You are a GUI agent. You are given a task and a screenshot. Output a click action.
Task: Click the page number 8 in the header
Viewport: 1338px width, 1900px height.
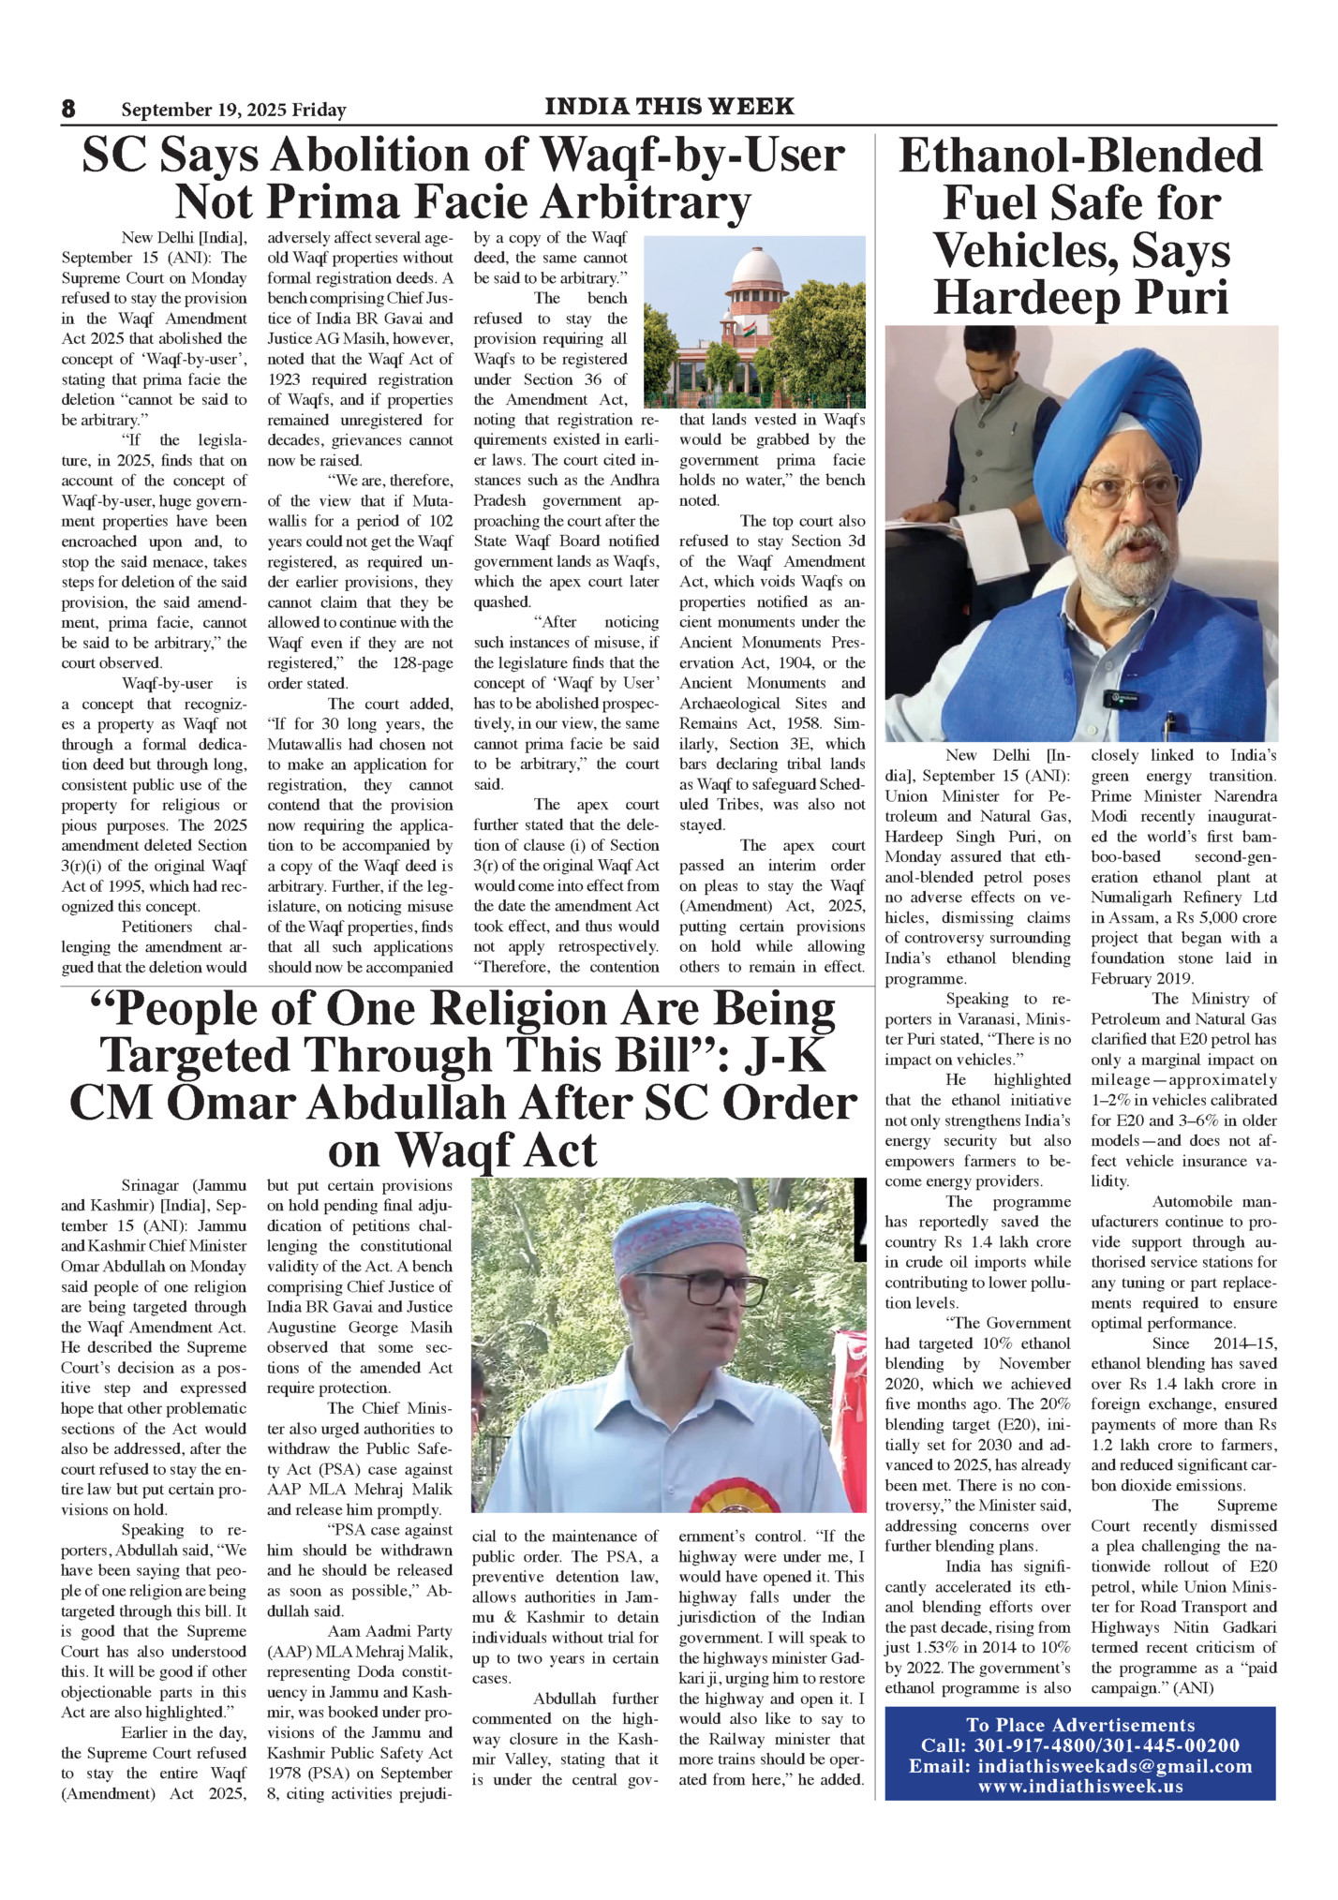68,109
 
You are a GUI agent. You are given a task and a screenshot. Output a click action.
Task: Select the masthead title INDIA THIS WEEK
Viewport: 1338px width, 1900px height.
669,106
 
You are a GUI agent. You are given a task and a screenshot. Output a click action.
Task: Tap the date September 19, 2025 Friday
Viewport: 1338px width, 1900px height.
233,111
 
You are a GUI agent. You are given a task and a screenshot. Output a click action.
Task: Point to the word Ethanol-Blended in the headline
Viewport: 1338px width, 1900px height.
1080,156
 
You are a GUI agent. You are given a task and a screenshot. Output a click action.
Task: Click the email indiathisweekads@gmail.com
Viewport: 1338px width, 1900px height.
1114,1766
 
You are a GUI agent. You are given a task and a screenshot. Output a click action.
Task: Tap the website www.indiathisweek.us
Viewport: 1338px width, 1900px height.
1080,1786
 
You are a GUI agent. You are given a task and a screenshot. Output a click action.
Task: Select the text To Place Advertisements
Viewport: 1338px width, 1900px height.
1080,1725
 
